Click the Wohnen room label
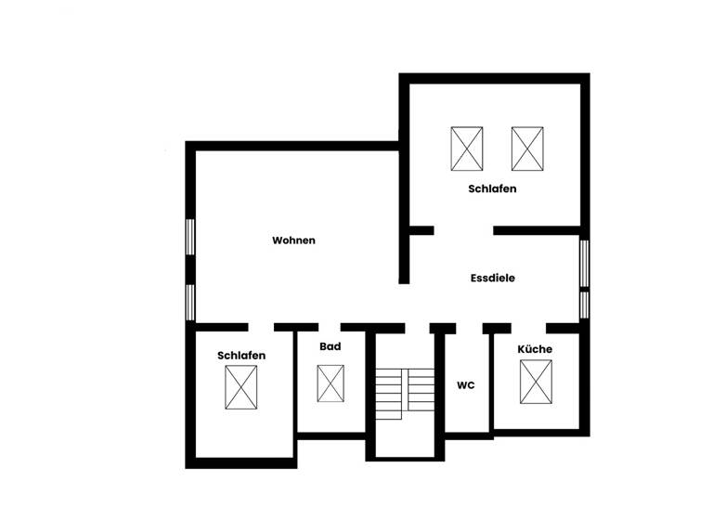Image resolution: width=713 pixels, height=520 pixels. coord(293,240)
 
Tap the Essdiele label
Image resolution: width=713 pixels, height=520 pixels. coord(493,278)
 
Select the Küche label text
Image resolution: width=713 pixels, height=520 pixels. coord(535,349)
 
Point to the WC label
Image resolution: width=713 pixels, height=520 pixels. coord(465,385)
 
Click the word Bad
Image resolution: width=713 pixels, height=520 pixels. coord(330,346)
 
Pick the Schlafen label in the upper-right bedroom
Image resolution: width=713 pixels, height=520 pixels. coord(492,188)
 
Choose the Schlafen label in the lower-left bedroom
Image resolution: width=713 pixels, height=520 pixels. coord(241,356)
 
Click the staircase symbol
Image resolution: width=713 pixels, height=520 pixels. coord(405,391)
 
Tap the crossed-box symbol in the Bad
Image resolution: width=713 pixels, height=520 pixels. coord(330,383)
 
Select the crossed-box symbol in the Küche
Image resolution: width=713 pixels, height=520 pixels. coord(536,382)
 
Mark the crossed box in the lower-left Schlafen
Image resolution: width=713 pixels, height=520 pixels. coord(241,387)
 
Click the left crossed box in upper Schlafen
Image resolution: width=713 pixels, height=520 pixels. coord(467,149)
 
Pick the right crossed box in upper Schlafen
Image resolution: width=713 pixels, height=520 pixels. coord(527,149)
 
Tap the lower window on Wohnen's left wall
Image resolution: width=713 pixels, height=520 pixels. coord(190,302)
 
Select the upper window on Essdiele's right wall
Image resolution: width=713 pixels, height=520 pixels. coord(584,263)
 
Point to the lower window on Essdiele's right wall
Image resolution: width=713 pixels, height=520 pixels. coord(584,305)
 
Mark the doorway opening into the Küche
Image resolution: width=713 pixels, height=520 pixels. coord(528,327)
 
